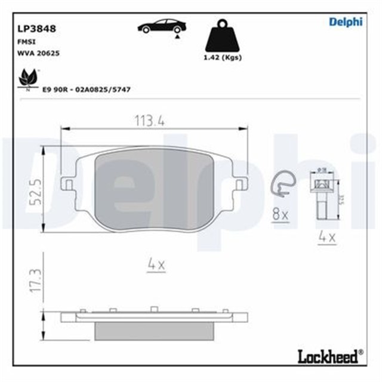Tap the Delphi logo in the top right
coord(346,22)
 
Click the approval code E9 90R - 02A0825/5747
coord(86,89)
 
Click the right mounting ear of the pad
coord(241,183)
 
